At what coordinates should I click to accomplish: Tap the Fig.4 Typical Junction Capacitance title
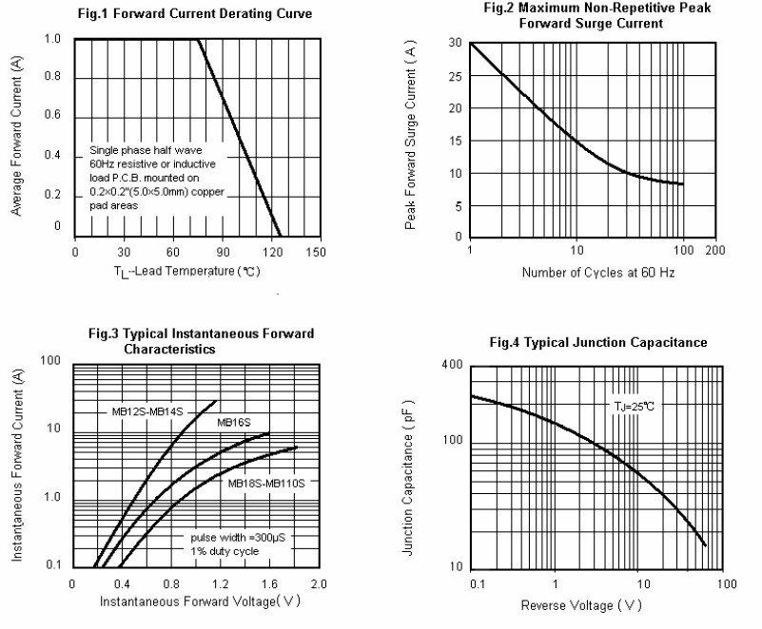click(x=598, y=342)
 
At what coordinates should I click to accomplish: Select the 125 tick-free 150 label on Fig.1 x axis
click(x=317, y=252)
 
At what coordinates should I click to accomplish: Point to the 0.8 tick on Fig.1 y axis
click(x=54, y=76)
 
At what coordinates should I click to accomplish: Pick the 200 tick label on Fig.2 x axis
click(x=716, y=250)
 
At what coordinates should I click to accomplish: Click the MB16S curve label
click(x=232, y=421)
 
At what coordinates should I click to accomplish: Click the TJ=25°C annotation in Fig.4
click(x=633, y=406)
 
